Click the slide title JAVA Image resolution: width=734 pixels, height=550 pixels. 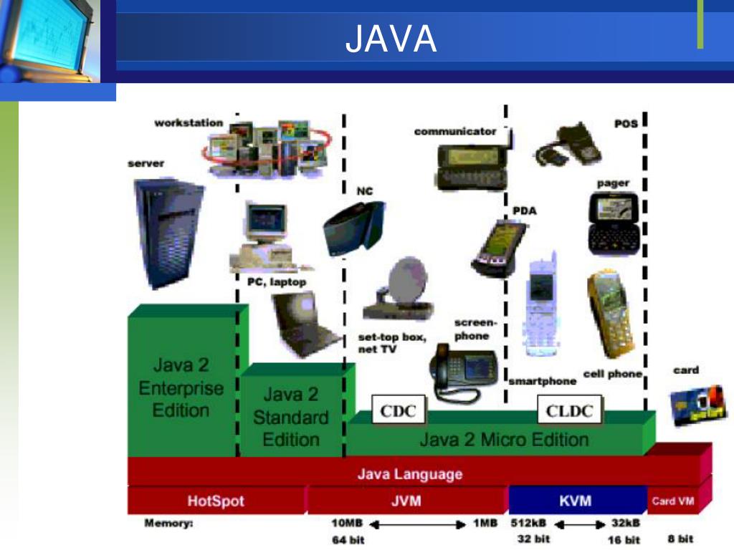coord(391,39)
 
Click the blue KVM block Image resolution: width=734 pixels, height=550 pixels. coord(576,501)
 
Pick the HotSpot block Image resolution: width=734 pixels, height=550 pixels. coord(216,501)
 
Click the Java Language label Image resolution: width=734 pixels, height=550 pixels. coord(410,474)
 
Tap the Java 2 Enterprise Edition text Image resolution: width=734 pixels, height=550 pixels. coord(181,387)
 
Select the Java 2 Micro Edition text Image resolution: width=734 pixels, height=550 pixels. coord(504,439)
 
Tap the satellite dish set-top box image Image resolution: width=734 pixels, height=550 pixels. coord(396,290)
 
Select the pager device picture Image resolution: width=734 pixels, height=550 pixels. coord(613,222)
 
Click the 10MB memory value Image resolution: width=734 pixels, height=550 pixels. coord(348,524)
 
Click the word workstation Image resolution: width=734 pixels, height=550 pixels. coord(189,123)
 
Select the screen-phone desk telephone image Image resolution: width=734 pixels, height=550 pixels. coord(464,372)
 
